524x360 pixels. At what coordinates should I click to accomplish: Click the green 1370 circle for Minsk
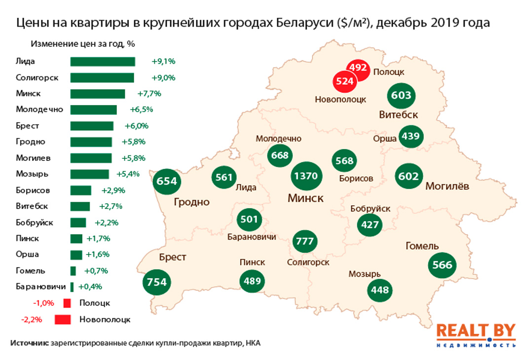coord(306,177)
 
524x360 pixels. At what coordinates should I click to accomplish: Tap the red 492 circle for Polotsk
coord(357,69)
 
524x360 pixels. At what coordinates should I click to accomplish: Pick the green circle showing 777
coord(304,242)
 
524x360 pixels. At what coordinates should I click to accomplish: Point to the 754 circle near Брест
coord(157,283)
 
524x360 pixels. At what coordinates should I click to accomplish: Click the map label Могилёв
coord(447,186)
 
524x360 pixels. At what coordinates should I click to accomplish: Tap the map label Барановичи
coord(251,237)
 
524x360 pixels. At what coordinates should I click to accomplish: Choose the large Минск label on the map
coord(306,198)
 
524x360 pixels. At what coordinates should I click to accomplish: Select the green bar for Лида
coord(103,62)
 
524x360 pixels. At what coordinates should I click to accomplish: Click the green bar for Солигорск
coord(102,77)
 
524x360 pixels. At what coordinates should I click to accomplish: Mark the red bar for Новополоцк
coord(63,320)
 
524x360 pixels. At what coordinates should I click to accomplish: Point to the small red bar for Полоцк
coord(67,303)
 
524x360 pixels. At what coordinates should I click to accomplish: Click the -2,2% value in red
coord(32,320)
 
